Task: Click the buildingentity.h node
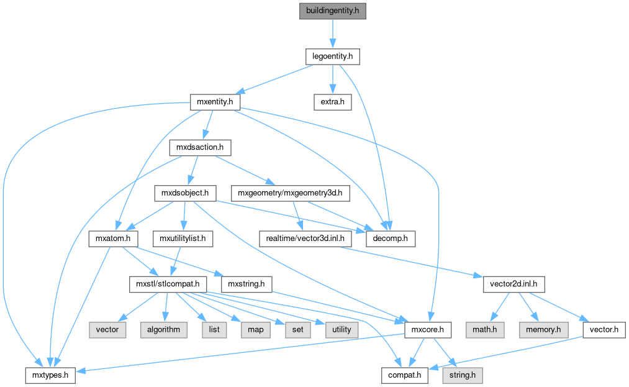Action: click(333, 11)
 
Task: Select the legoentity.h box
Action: click(333, 57)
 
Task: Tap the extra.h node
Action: click(333, 102)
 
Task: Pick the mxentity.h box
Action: click(214, 102)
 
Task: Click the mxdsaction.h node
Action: click(200, 148)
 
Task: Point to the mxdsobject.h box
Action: click(185, 193)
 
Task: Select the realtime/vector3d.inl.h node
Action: click(301, 239)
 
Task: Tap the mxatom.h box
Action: click(112, 239)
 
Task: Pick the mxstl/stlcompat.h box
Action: click(168, 285)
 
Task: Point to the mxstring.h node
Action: click(247, 285)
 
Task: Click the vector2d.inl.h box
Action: click(514, 285)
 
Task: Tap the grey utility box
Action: click(342, 330)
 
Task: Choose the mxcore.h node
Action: click(427, 330)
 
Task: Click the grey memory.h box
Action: click(543, 330)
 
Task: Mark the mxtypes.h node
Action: click(50, 375)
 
